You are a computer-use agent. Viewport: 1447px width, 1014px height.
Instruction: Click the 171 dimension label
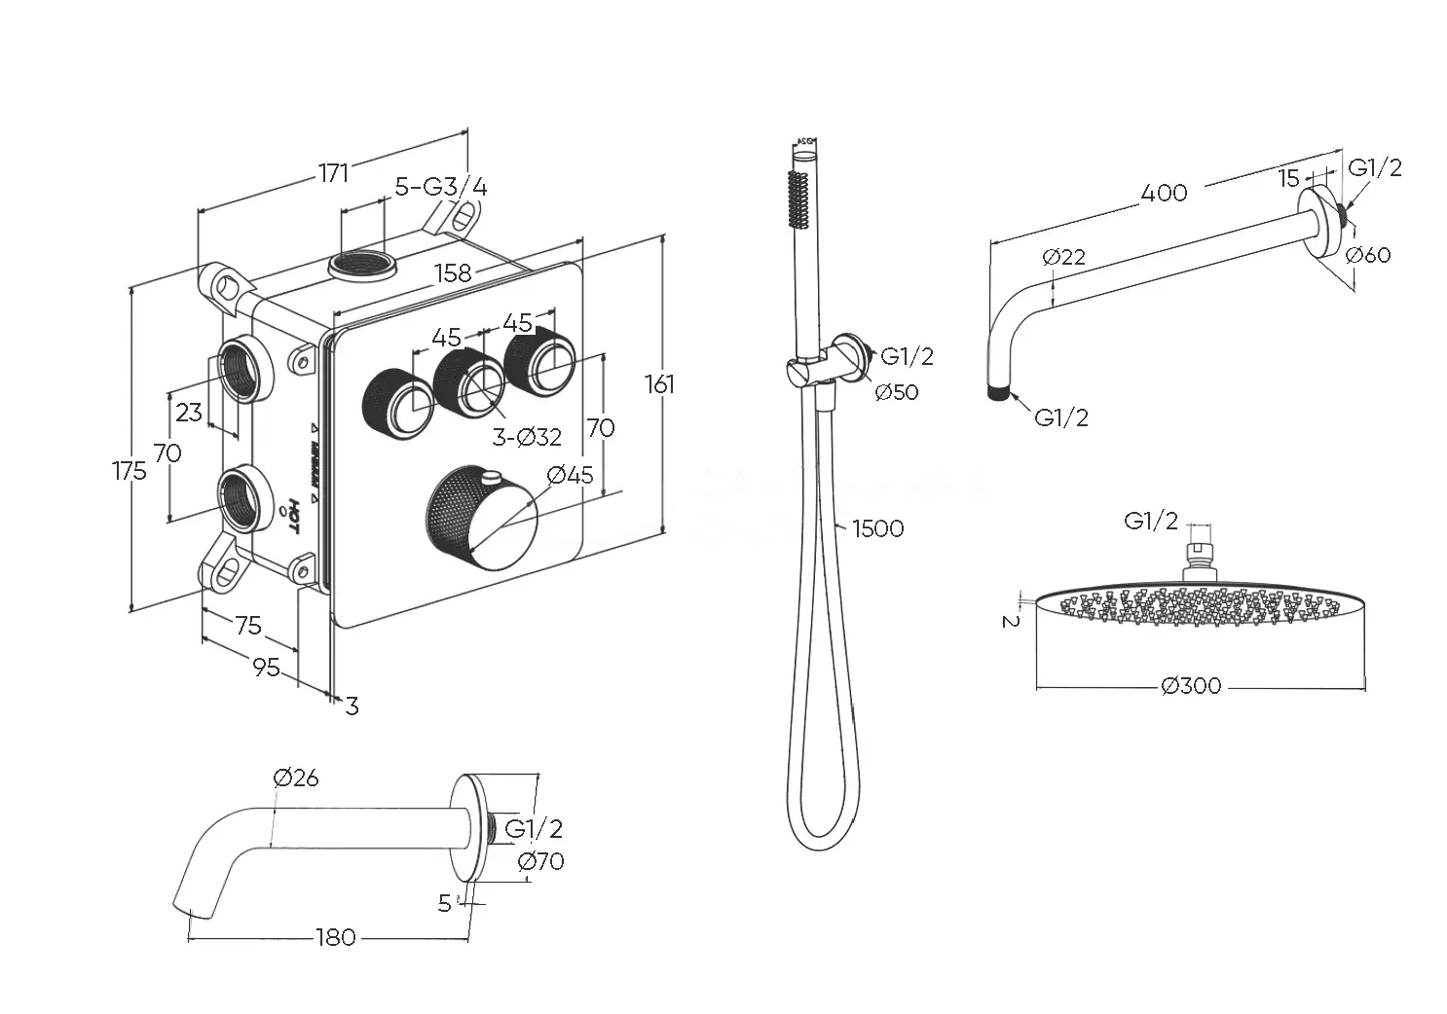(x=333, y=173)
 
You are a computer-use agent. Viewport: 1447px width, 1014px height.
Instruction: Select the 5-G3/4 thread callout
(x=441, y=186)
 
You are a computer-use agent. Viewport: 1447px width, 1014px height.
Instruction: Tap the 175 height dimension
(x=130, y=471)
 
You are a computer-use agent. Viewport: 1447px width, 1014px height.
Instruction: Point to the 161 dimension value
(x=659, y=384)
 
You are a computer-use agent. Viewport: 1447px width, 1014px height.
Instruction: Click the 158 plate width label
(x=453, y=272)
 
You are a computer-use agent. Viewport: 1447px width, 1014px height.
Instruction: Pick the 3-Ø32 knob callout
(x=526, y=437)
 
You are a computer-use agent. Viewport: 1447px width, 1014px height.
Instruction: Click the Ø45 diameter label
(x=570, y=475)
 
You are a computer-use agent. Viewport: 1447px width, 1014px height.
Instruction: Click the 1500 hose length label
(x=877, y=528)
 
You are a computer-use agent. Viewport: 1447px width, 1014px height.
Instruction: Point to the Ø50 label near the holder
(x=896, y=392)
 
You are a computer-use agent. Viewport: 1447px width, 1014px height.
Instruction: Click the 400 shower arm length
(x=1165, y=192)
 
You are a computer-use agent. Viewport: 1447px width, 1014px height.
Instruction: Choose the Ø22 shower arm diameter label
(x=1062, y=257)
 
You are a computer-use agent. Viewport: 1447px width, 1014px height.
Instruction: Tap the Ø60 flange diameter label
(x=1368, y=255)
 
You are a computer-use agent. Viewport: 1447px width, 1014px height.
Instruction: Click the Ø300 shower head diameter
(x=1192, y=686)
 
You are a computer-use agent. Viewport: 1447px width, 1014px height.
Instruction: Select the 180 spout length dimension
(x=336, y=937)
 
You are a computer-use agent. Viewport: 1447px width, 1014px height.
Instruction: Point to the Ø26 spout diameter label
(x=296, y=778)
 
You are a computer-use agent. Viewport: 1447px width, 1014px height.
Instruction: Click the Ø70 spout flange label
(x=541, y=861)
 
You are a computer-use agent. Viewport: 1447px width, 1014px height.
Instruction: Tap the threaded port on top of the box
(x=361, y=265)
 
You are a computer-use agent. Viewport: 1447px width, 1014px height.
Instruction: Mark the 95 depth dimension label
(x=266, y=668)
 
